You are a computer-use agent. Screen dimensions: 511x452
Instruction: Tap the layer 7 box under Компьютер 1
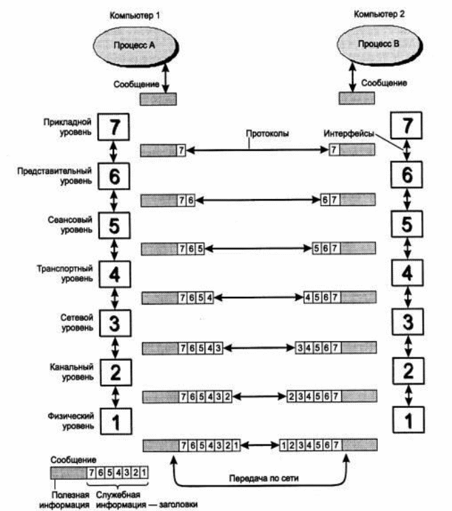[115, 125]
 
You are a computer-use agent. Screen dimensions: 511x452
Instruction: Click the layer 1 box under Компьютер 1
[115, 421]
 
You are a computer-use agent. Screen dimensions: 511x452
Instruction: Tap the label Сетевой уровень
[69, 321]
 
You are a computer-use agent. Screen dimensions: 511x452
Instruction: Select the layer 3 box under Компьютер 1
[115, 322]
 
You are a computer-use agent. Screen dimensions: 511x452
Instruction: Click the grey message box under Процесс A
[158, 99]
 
